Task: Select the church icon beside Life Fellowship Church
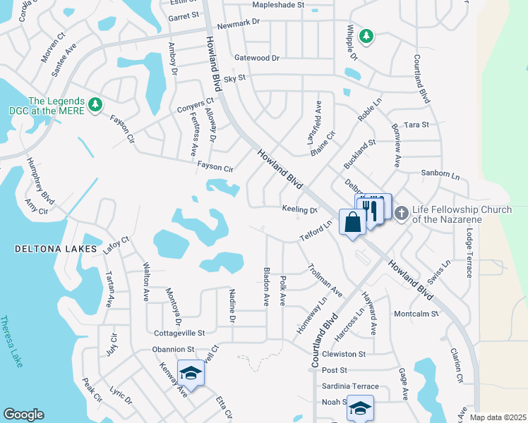(402, 212)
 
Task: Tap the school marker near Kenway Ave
(190, 372)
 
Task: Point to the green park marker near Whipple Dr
(366, 35)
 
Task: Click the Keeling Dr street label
(299, 209)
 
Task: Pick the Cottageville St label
(179, 332)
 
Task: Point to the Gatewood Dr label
(257, 58)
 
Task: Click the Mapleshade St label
(278, 4)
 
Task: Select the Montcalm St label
(416, 313)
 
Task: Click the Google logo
(23, 415)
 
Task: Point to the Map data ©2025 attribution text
(498, 417)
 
